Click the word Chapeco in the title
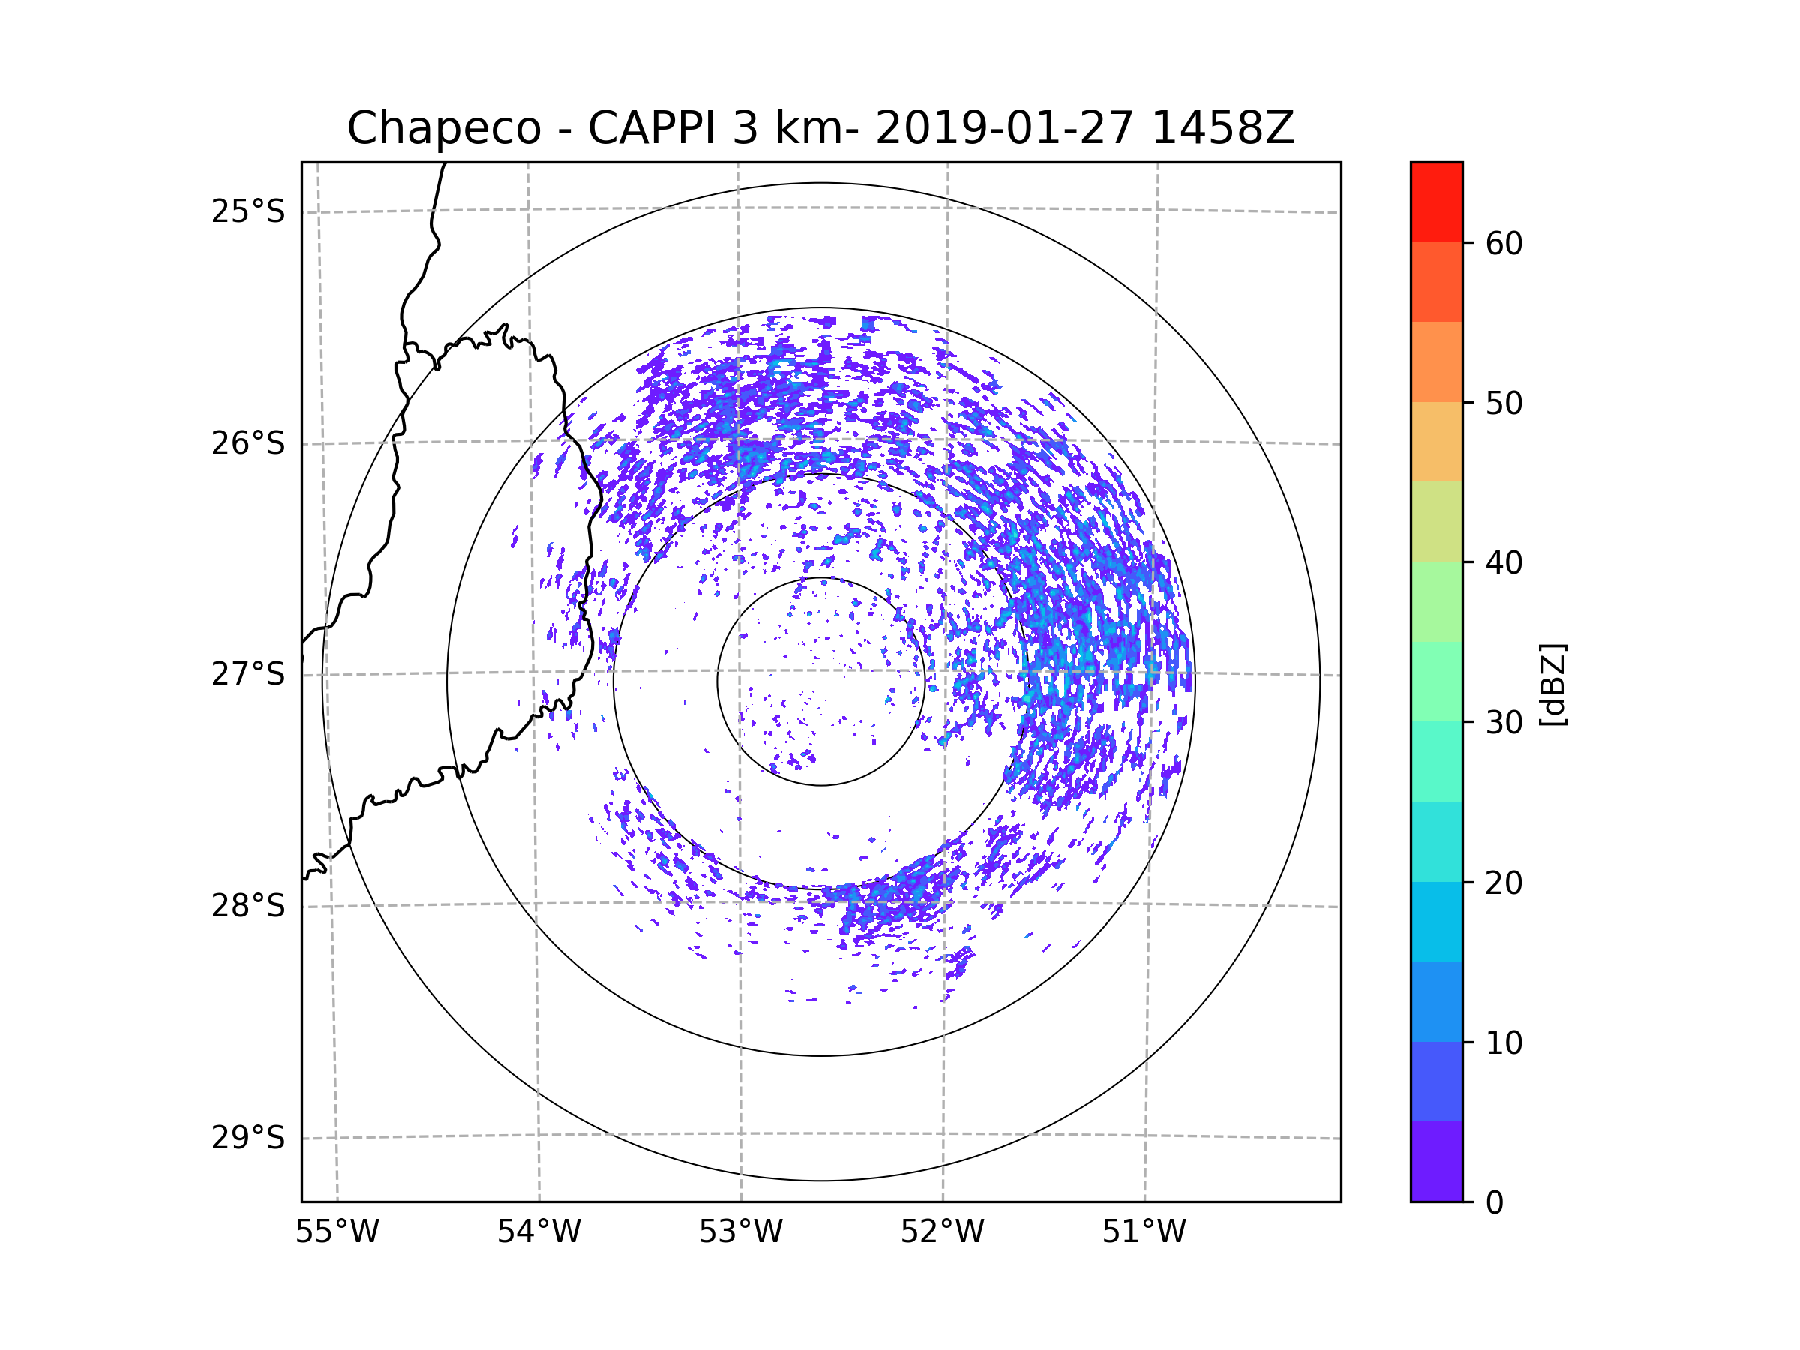[x=443, y=128]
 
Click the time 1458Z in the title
[x=1222, y=128]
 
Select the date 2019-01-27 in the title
[x=1004, y=128]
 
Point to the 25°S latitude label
[x=248, y=212]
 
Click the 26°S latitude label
[x=248, y=444]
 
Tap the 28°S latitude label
[x=248, y=907]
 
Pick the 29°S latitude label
[x=248, y=1138]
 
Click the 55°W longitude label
[x=337, y=1232]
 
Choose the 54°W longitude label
[x=538, y=1232]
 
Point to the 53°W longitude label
[x=740, y=1232]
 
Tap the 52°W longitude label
[x=942, y=1232]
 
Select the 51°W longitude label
[x=1144, y=1232]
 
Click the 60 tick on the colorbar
[x=1504, y=243]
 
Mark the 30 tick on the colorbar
[x=1504, y=722]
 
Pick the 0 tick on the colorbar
[x=1495, y=1203]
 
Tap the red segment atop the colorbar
[x=1436, y=202]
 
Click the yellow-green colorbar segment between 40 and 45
[x=1436, y=521]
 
